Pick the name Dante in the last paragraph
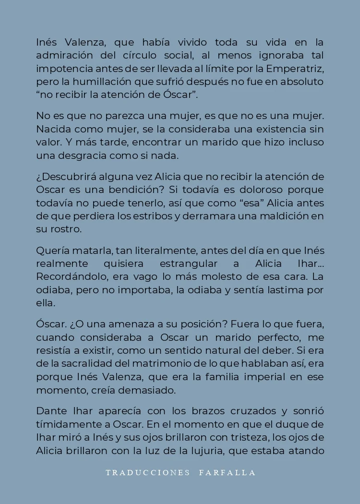click(x=50, y=411)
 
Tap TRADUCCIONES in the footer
click(x=148, y=472)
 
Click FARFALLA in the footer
click(x=228, y=472)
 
